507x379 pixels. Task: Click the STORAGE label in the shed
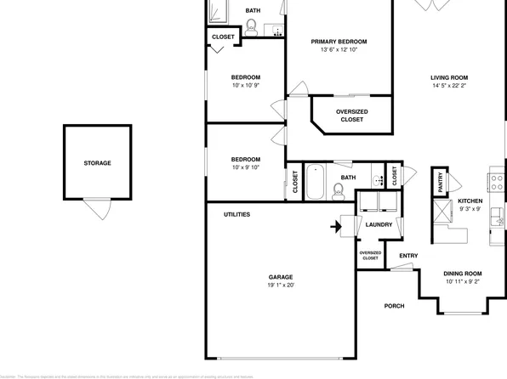(96, 162)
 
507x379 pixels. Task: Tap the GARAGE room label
(281, 277)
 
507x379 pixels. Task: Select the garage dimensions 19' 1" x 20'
(281, 286)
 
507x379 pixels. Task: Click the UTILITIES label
(236, 214)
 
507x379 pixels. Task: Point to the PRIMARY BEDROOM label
(339, 42)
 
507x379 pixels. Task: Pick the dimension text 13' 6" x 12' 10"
(339, 50)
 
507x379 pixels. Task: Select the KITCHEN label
(471, 200)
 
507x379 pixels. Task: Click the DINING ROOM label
(462, 273)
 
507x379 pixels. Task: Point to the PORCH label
(394, 306)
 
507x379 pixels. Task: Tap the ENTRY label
(408, 256)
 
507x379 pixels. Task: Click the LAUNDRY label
(379, 224)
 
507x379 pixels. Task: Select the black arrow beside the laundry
(337, 226)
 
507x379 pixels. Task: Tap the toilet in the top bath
(252, 28)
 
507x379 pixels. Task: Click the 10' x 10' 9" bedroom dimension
(246, 86)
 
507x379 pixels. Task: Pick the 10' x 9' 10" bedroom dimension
(246, 167)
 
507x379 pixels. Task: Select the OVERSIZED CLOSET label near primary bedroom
(351, 116)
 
